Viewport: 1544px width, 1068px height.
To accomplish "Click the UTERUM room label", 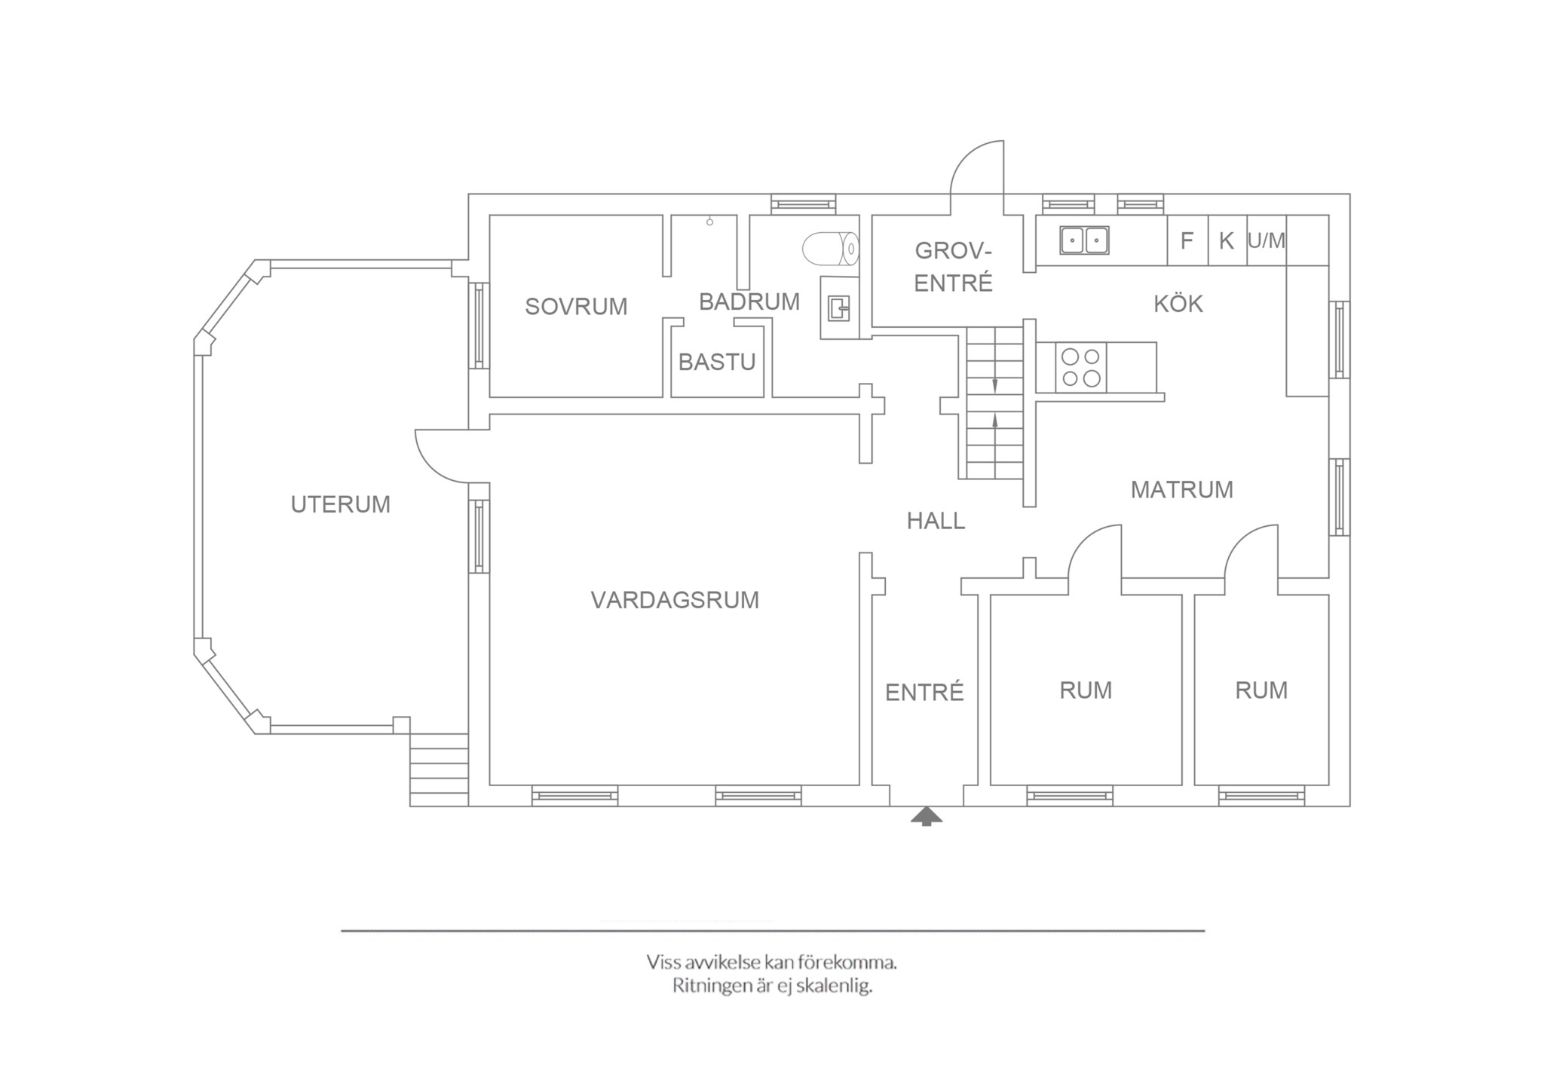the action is pyautogui.click(x=341, y=504).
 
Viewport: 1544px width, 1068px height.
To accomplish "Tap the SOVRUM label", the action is pyautogui.click(x=576, y=307).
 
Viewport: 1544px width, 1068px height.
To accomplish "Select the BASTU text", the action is pyautogui.click(x=717, y=363).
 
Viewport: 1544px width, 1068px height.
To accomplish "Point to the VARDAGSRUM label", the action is pyautogui.click(x=675, y=600).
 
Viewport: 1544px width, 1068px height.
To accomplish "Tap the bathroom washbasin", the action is pyautogui.click(x=840, y=308).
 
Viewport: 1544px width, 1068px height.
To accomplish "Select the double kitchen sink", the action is pyautogui.click(x=1085, y=240).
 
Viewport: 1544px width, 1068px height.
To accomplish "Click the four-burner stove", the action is pyautogui.click(x=1081, y=367).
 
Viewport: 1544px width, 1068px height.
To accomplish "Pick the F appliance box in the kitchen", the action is pyautogui.click(x=1187, y=240).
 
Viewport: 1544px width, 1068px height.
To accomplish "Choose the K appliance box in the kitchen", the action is pyautogui.click(x=1227, y=240).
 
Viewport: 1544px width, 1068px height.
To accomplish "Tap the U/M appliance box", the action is pyautogui.click(x=1267, y=240).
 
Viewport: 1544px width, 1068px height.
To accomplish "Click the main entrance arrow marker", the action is pyautogui.click(x=927, y=817).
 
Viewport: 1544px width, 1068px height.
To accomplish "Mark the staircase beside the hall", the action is pyautogui.click(x=995, y=403).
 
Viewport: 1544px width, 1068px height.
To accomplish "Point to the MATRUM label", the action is pyautogui.click(x=1182, y=490).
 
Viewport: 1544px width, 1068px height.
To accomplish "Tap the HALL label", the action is pyautogui.click(x=936, y=521).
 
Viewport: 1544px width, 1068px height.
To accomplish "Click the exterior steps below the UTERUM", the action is pyautogui.click(x=439, y=770).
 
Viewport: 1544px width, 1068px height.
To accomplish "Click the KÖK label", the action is pyautogui.click(x=1178, y=304).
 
